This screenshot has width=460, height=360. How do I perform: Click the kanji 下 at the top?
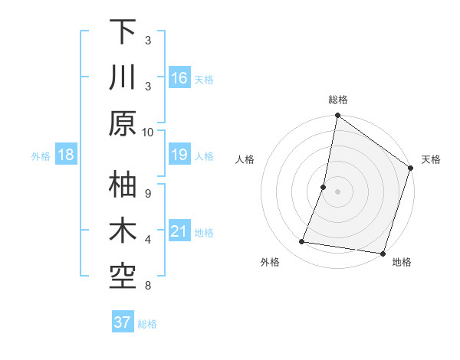[123, 33]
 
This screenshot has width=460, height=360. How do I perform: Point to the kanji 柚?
[123, 186]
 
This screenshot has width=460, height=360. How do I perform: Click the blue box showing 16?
[179, 77]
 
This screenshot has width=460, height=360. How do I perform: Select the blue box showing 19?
[179, 155]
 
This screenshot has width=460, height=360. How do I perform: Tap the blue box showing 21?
[179, 232]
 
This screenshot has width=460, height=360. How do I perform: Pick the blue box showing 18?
[66, 155]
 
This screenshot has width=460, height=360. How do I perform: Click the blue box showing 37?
[123, 322]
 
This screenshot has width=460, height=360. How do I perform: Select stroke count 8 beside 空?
[148, 286]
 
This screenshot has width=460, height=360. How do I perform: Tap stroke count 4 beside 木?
[148, 240]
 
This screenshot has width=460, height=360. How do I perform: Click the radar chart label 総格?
[338, 100]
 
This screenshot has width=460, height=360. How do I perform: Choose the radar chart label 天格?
[431, 159]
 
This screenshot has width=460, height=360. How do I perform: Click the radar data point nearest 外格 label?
[302, 242]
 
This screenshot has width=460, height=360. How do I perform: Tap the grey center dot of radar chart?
[337, 191]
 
